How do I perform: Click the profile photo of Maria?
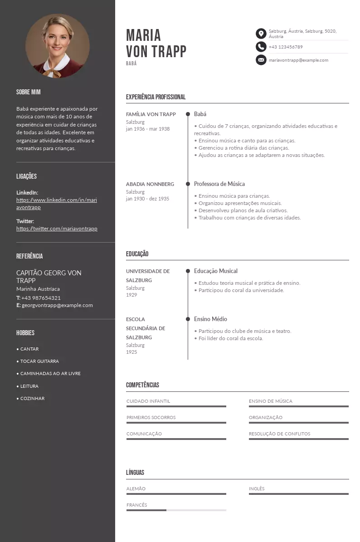pyautogui.click(x=57, y=46)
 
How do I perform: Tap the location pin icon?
pyautogui.click(x=261, y=34)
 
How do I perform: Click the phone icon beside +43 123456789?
pyautogui.click(x=261, y=47)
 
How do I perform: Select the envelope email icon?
pyautogui.click(x=261, y=60)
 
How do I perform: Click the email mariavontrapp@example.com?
pyautogui.click(x=298, y=60)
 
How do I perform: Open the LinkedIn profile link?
pyautogui.click(x=56, y=204)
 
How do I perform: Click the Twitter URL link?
pyautogui.click(x=57, y=229)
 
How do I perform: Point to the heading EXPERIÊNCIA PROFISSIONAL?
pyautogui.click(x=156, y=97)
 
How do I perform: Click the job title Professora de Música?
pyautogui.click(x=219, y=184)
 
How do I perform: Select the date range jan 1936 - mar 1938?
pyautogui.click(x=148, y=129)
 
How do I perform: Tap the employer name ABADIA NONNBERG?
pyautogui.click(x=150, y=184)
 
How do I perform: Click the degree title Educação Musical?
pyautogui.click(x=215, y=271)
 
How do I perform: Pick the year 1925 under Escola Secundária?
pyautogui.click(x=131, y=352)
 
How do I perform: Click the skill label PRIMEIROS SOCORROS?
pyautogui.click(x=151, y=417)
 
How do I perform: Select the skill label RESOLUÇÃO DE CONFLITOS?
pyautogui.click(x=279, y=434)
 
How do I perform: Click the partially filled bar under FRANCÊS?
pyautogui.click(x=176, y=510)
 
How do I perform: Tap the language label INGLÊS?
pyautogui.click(x=256, y=488)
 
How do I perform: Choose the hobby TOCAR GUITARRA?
pyautogui.click(x=39, y=361)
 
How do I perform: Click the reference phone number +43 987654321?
pyautogui.click(x=41, y=298)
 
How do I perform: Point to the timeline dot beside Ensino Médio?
pyautogui.click(x=188, y=319)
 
